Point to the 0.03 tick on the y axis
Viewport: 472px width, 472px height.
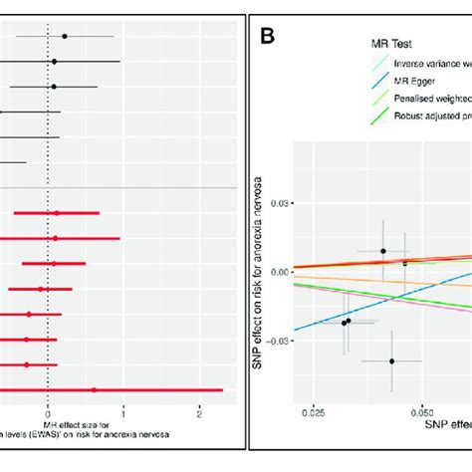click(x=283, y=203)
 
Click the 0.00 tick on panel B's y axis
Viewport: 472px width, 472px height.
click(x=283, y=271)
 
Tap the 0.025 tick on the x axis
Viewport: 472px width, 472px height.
click(x=313, y=409)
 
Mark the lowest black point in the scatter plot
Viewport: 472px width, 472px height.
click(x=391, y=360)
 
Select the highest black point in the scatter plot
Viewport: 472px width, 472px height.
click(x=383, y=251)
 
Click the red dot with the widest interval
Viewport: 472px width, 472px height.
click(x=95, y=389)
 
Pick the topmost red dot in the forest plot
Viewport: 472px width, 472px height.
click(x=57, y=212)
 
